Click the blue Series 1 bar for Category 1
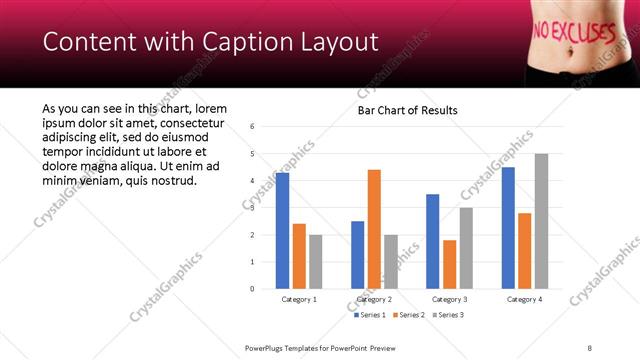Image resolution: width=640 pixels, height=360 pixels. [x=283, y=231]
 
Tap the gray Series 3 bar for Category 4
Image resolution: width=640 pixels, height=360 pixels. [x=541, y=221]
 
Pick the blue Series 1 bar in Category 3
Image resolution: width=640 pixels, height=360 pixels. [x=432, y=241]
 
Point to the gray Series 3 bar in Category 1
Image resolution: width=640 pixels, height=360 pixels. [x=316, y=262]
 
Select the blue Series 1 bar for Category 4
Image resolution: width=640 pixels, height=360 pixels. [x=508, y=228]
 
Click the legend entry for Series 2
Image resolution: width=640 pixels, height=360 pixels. [x=411, y=315]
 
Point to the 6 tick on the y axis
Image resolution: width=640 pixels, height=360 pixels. [x=252, y=127]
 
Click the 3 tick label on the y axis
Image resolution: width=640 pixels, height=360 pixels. [x=252, y=208]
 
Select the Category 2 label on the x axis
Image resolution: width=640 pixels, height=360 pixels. [x=374, y=299]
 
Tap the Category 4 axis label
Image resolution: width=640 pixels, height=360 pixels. [x=524, y=299]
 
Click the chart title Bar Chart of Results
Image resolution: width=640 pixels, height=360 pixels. [x=408, y=110]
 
